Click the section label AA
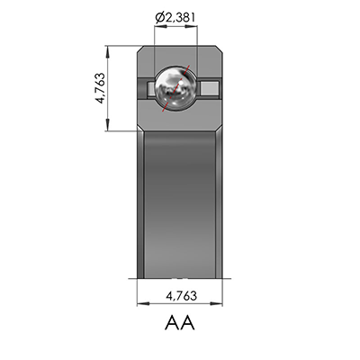pos(180,320)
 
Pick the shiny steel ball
pos(176,87)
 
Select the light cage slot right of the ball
pos(209,87)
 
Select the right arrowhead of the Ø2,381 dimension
pos(194,28)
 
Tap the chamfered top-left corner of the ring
pos(140,49)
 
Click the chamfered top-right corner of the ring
pos(220,49)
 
